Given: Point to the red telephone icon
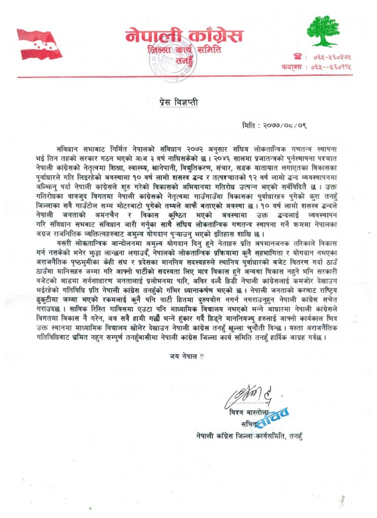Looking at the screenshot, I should (298, 57).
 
